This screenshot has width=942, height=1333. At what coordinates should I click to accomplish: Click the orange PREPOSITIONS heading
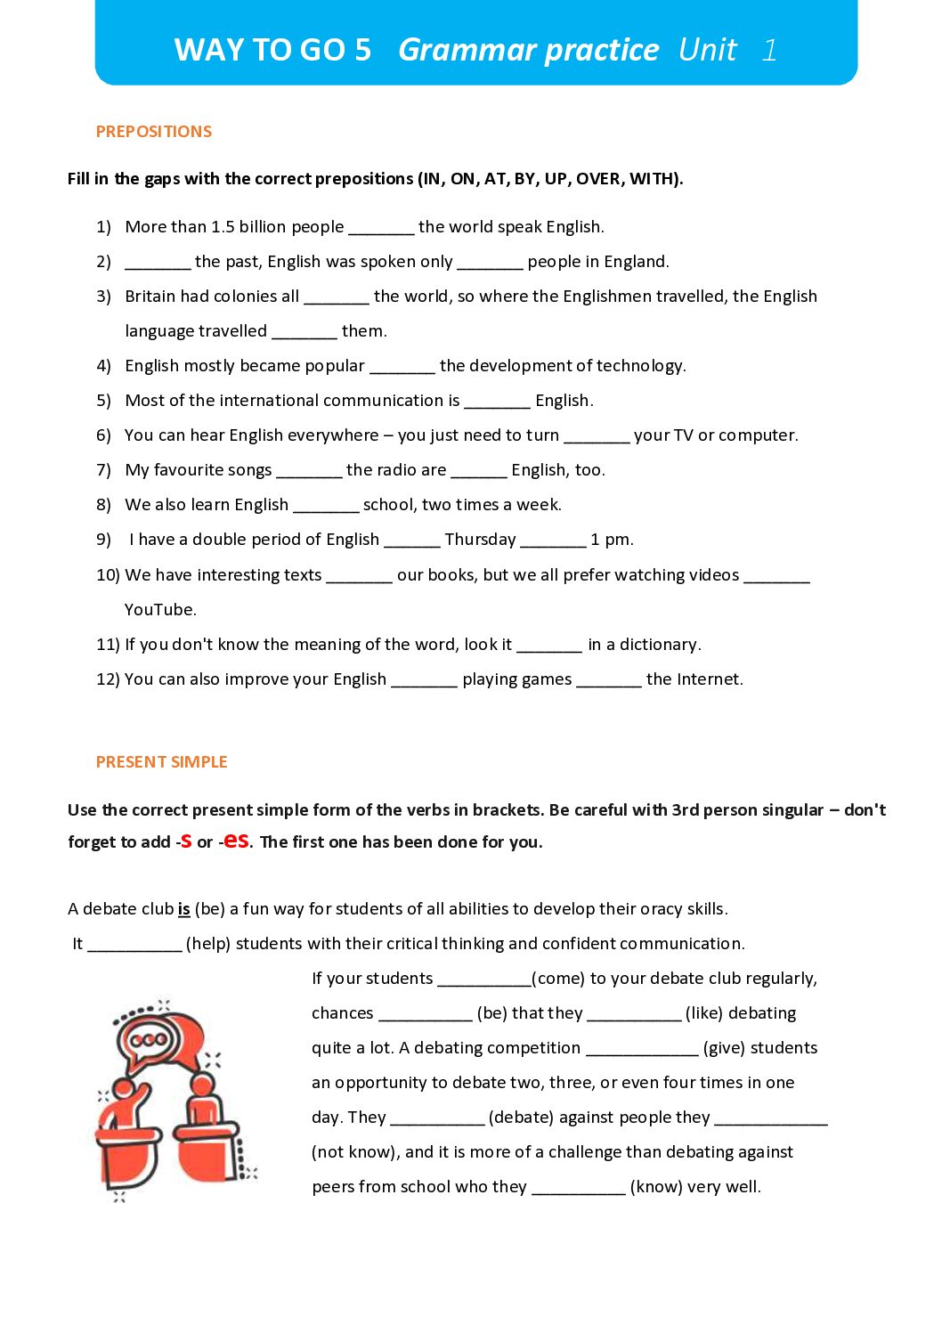[153, 132]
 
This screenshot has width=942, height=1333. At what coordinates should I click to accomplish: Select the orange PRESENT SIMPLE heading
[161, 762]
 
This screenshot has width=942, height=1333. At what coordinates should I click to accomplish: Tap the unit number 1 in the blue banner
[769, 50]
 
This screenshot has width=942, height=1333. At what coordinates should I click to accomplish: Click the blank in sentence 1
[381, 229]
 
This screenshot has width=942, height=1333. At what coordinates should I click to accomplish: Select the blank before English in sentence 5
[497, 402]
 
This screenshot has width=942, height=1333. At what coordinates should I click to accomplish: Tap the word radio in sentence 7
[399, 470]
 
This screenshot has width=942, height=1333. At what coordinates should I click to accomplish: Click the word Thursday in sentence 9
[480, 540]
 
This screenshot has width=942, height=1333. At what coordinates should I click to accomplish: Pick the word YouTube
[160, 610]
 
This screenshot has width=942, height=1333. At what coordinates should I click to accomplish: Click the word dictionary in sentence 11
[658, 645]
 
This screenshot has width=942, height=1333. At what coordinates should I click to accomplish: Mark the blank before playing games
[424, 681]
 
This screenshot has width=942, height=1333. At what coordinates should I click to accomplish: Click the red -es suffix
[236, 840]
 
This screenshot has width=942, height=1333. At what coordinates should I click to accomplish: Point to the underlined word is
[183, 909]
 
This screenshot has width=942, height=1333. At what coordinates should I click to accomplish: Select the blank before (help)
[134, 946]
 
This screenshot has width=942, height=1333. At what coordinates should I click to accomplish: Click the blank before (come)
[483, 980]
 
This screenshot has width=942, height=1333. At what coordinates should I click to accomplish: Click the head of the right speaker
[204, 1085]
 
